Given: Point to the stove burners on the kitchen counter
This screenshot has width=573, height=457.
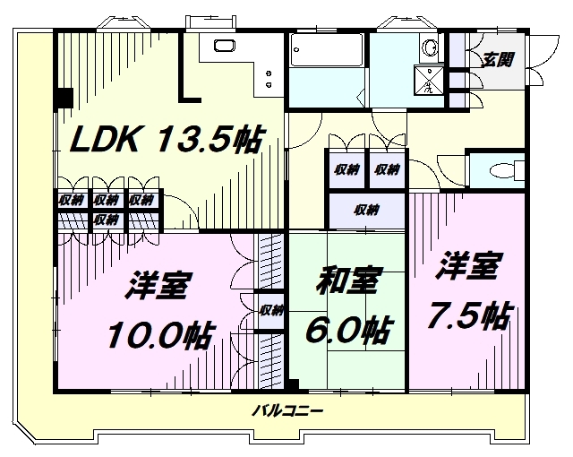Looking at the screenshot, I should point(267,79).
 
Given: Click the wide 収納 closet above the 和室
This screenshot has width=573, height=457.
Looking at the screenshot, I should point(365,211).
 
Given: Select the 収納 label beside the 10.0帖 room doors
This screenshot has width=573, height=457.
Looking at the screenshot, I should point(270,311).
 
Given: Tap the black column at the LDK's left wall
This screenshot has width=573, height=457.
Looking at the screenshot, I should point(64,98).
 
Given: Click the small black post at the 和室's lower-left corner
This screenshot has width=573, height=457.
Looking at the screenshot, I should point(292,386).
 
